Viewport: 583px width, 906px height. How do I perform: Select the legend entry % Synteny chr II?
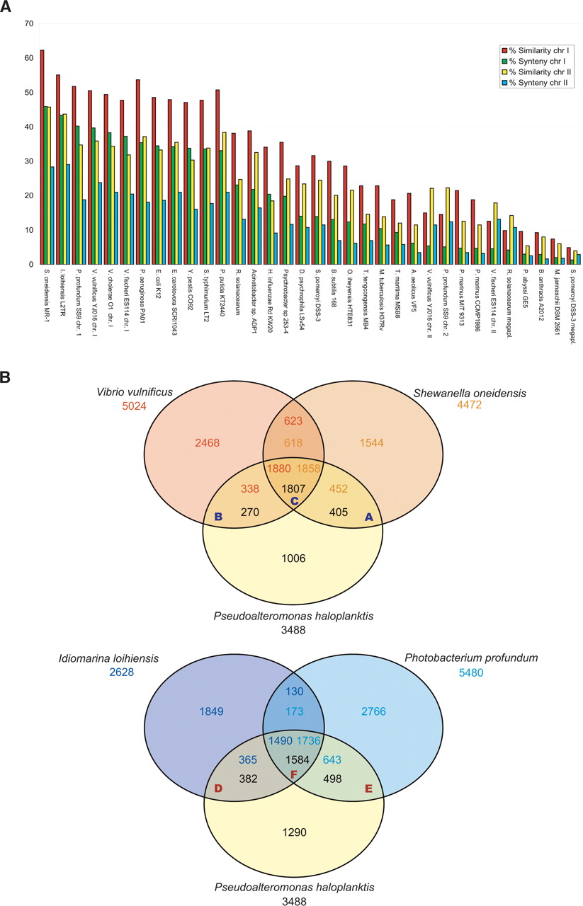click(531, 84)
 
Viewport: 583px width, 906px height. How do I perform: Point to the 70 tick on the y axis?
click(28, 24)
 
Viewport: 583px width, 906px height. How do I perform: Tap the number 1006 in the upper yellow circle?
click(293, 558)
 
